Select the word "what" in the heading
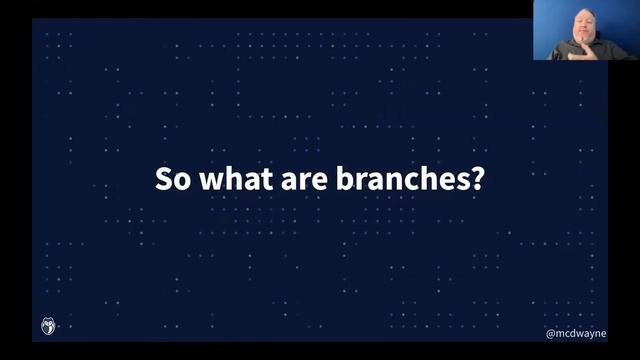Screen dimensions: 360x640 point(227,180)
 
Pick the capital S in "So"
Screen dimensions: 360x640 point(163,180)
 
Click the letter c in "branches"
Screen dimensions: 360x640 point(410,181)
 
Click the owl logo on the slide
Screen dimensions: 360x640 point(48,326)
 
